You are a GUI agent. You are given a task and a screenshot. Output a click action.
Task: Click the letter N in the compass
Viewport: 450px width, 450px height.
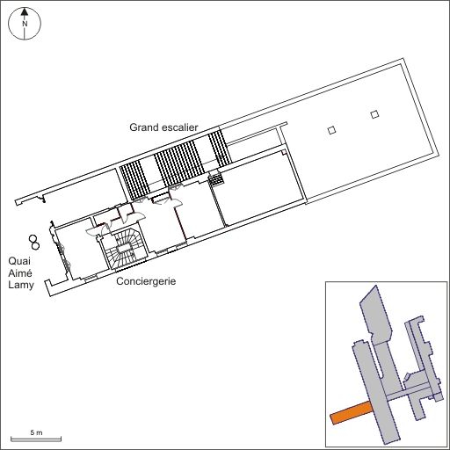[25, 24]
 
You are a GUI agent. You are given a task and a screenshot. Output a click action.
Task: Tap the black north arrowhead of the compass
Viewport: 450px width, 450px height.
[25, 12]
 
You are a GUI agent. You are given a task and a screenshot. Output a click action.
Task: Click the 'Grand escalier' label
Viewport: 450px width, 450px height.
[163, 127]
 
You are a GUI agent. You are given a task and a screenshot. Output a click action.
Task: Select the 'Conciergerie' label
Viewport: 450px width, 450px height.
[146, 281]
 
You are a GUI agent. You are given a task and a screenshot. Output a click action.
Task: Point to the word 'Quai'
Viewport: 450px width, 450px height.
[19, 261]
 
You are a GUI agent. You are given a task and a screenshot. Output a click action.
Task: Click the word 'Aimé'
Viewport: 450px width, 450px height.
[20, 273]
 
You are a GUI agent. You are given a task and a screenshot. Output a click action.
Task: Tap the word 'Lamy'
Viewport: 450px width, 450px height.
[21, 285]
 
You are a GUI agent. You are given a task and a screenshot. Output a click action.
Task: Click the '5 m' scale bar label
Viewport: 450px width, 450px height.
[36, 432]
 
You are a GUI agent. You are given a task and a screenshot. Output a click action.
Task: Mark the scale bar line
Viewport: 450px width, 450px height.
[36, 439]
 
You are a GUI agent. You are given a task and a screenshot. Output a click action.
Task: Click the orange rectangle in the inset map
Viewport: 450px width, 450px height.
[351, 413]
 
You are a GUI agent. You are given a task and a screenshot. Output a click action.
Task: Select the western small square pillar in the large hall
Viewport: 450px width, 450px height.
[331, 130]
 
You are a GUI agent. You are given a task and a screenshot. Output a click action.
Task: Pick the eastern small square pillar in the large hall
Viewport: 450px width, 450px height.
[374, 114]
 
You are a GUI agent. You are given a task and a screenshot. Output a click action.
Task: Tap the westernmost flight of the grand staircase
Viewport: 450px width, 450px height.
[135, 181]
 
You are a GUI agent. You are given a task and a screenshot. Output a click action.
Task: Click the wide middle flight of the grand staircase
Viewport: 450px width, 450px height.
[179, 163]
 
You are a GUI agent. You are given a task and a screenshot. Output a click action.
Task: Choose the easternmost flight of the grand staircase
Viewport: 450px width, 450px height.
[220, 149]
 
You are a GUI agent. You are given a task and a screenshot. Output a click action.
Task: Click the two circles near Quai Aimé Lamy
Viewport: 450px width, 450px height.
[34, 243]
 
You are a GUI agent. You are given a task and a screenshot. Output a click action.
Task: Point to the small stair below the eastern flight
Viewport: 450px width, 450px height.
[216, 178]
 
